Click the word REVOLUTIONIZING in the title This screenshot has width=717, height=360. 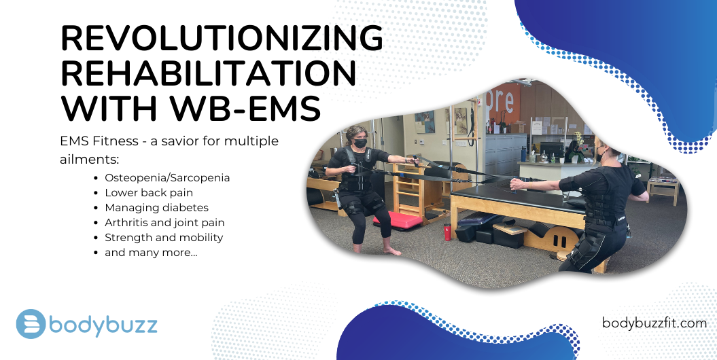tap(222, 38)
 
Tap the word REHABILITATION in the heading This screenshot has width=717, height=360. tap(209, 73)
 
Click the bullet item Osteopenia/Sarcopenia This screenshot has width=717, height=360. tap(167, 178)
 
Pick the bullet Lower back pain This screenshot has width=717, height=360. tap(149, 193)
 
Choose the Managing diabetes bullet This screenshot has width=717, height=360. tap(156, 208)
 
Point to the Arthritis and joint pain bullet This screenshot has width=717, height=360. tap(164, 223)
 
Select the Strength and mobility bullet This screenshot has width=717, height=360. tap(164, 238)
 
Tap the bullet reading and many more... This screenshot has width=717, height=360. tap(151, 253)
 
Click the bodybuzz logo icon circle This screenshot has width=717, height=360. tap(31, 324)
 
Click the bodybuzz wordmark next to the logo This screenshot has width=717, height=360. tap(103, 325)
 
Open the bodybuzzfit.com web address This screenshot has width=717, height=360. tap(654, 323)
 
